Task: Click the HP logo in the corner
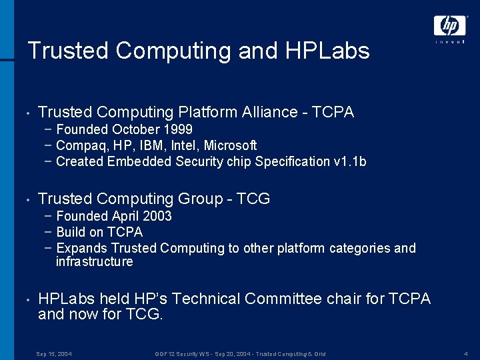pyautogui.click(x=450, y=26)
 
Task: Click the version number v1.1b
pyautogui.click(x=349, y=161)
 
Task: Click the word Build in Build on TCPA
pyautogui.click(x=71, y=232)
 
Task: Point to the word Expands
pyautogui.click(x=82, y=248)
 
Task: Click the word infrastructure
pyautogui.click(x=94, y=261)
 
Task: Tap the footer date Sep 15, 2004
pyautogui.click(x=54, y=353)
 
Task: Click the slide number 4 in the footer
pyautogui.click(x=465, y=353)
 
